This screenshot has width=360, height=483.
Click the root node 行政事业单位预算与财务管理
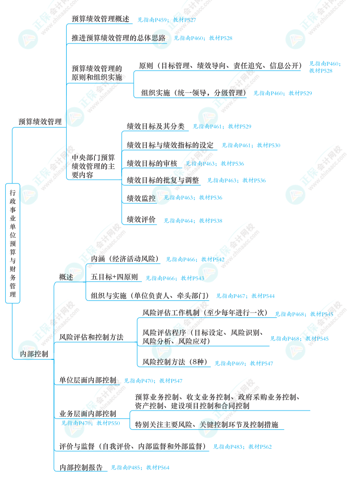tap(13, 243)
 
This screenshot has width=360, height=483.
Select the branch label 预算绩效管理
tap(40, 122)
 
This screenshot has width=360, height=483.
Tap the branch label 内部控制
tap(34, 354)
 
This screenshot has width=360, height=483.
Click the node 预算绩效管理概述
tap(100, 19)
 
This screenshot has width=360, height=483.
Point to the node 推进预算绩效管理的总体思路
tap(118, 38)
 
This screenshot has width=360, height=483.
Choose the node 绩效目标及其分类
tap(156, 126)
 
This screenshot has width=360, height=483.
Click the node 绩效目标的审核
tap(152, 163)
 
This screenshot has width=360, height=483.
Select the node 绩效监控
tap(141, 199)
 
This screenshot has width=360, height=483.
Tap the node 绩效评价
tap(141, 220)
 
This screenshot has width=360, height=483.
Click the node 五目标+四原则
tap(114, 277)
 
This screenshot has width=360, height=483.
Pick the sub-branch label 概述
tap(66, 277)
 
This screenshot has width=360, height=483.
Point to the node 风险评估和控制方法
tap(91, 337)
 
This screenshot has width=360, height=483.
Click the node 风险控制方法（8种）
tap(175, 362)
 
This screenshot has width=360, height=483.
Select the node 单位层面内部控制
tap(88, 380)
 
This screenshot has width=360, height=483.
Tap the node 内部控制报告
tap(81, 467)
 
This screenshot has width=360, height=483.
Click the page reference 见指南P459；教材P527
tap(166, 20)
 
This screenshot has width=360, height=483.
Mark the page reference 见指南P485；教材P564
tap(140, 468)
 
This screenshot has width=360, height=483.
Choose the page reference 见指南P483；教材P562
tap(242, 447)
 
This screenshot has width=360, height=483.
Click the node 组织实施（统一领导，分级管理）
tap(194, 93)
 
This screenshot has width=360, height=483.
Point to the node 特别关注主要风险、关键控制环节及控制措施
tap(207, 425)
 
